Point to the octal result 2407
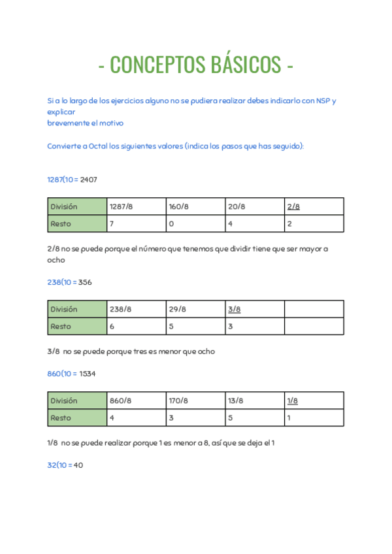click(88, 179)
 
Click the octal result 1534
click(88, 374)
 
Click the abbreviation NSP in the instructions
click(323, 101)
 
